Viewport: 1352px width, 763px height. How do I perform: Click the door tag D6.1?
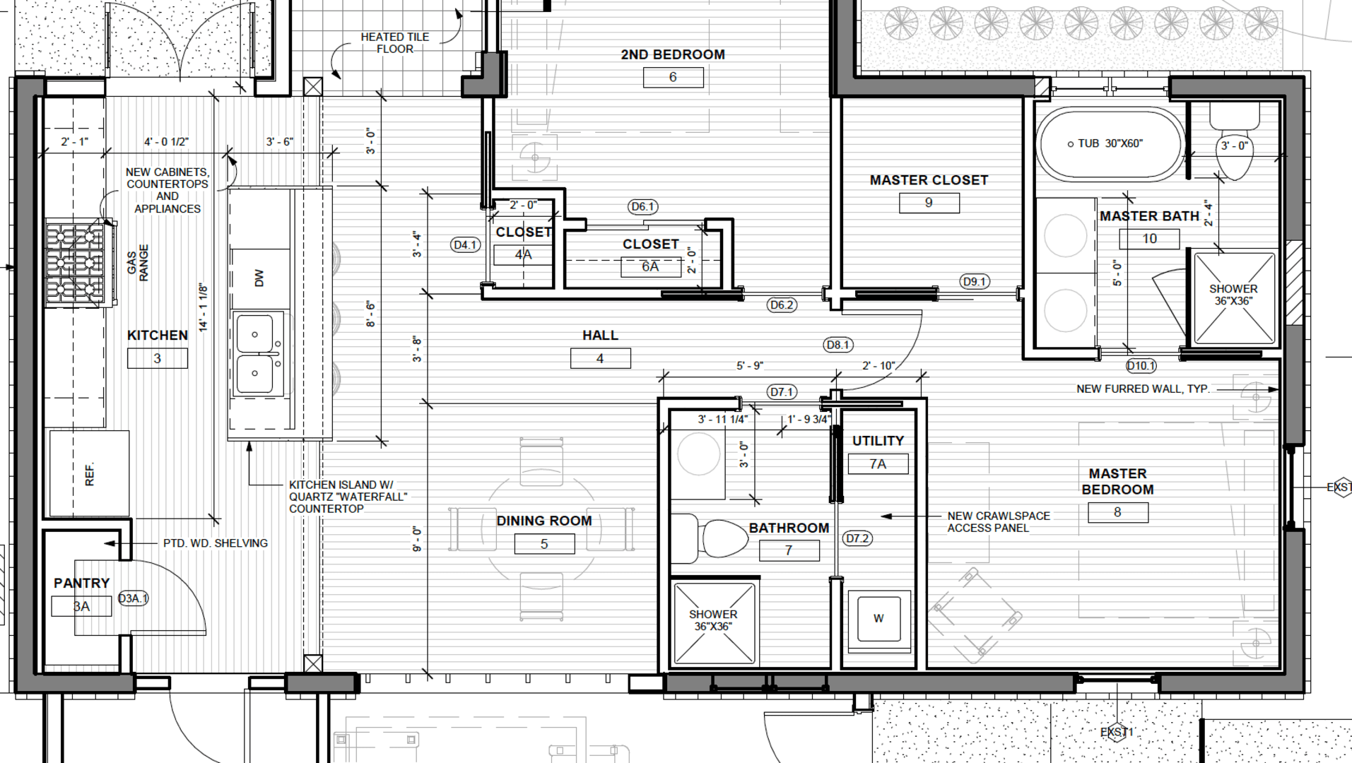point(642,207)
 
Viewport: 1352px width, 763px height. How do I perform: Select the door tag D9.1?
point(975,282)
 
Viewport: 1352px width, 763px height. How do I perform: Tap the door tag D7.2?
point(857,538)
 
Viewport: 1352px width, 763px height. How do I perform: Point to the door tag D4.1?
point(465,245)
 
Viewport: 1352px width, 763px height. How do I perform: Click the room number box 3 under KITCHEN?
point(158,358)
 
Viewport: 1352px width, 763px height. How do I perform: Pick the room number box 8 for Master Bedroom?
point(1117,512)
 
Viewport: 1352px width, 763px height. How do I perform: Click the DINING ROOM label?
point(544,521)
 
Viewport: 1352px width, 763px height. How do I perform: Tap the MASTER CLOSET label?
point(929,180)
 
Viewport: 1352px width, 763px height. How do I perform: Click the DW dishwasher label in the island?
point(259,278)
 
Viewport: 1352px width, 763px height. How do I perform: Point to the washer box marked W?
point(878,619)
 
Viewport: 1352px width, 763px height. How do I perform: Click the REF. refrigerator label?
point(90,474)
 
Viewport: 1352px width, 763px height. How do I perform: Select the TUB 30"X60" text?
point(1110,143)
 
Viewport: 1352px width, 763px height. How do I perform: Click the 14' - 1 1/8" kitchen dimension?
point(204,307)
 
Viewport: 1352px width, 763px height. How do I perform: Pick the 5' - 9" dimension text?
point(750,366)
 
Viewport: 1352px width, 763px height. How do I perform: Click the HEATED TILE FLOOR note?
point(395,42)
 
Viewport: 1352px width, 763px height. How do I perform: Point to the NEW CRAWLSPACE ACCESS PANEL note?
point(999,522)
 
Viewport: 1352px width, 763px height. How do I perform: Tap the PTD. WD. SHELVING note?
point(216,543)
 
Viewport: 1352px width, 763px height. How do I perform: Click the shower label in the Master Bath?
point(1233,295)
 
